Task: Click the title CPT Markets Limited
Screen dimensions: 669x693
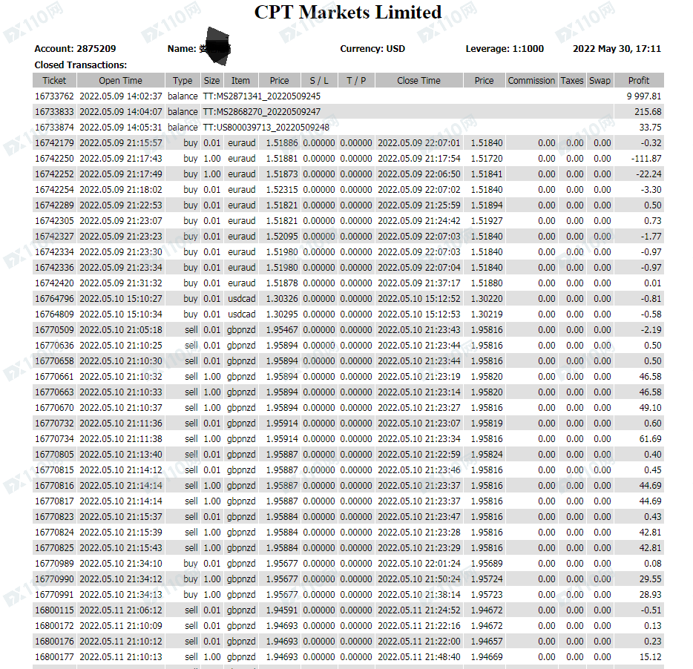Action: [347, 13]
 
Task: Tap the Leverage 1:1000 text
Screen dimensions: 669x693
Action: [505, 49]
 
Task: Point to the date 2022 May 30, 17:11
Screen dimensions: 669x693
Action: [617, 49]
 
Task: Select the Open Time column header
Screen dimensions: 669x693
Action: [120, 81]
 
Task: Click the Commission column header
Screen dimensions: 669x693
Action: [531, 81]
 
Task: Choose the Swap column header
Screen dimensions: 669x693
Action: [600, 81]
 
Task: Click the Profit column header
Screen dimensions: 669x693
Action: [638, 81]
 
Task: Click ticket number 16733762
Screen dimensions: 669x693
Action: [54, 96]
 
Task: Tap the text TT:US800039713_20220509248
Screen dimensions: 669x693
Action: [266, 128]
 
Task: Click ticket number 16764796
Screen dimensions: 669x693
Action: [54, 299]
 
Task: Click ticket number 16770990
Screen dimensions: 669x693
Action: [54, 579]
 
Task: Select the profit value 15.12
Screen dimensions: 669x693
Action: [650, 657]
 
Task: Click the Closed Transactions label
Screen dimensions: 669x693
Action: [80, 65]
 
